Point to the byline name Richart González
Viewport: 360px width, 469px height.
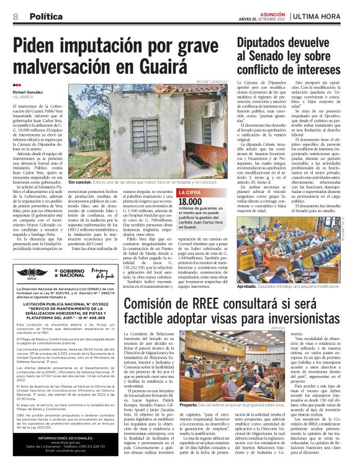click(28, 92)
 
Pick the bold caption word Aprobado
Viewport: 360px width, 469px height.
click(247, 287)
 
